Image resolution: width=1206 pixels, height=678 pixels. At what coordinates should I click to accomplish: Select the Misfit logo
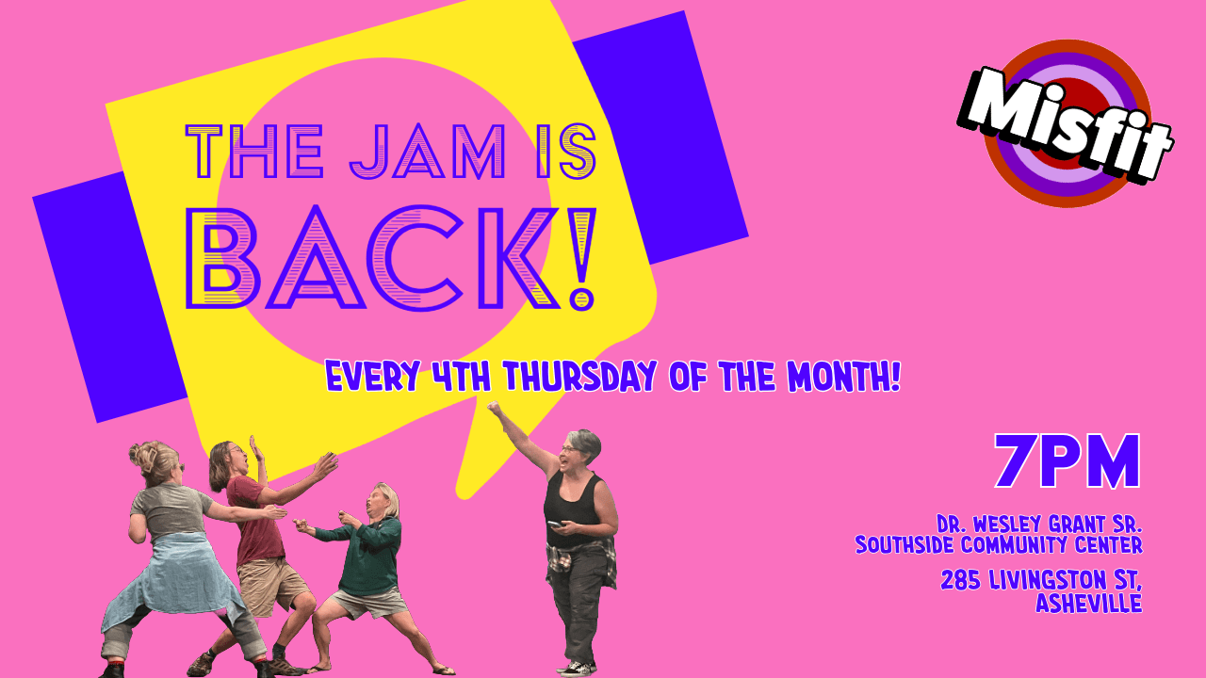[1067, 123]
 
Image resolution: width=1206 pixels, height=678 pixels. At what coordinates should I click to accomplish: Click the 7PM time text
[1067, 462]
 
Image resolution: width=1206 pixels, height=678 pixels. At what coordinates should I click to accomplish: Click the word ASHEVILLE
[1088, 604]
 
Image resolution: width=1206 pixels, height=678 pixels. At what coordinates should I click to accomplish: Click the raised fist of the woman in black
[493, 409]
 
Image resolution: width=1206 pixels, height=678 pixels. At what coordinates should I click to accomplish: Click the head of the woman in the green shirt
[384, 499]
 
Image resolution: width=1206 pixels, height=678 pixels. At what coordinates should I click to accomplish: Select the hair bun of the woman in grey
[144, 457]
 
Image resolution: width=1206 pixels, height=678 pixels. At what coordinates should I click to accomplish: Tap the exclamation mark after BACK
[583, 260]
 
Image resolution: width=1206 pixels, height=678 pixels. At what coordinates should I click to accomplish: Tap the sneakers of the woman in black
[577, 668]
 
